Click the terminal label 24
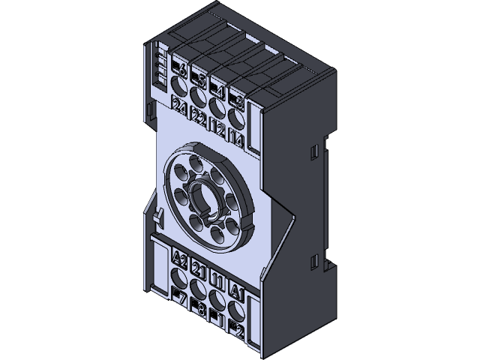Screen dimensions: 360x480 [181, 109]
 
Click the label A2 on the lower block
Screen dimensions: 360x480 [180, 259]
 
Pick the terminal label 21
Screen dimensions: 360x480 [199, 269]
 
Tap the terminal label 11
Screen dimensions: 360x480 [218, 280]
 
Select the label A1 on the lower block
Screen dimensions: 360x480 [237, 289]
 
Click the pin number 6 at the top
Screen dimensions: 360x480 [181, 73]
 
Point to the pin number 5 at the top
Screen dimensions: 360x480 [199, 79]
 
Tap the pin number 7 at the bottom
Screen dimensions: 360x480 [181, 296]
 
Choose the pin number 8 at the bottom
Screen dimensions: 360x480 [199, 306]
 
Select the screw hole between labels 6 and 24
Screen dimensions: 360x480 [181, 91]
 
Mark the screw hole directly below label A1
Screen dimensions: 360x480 [237, 308]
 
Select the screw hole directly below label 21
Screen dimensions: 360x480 [199, 287]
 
